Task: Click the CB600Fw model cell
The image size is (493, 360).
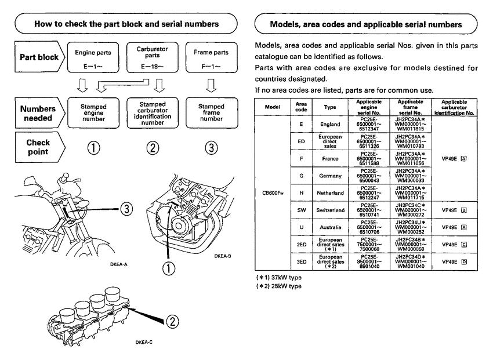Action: coord(273,194)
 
